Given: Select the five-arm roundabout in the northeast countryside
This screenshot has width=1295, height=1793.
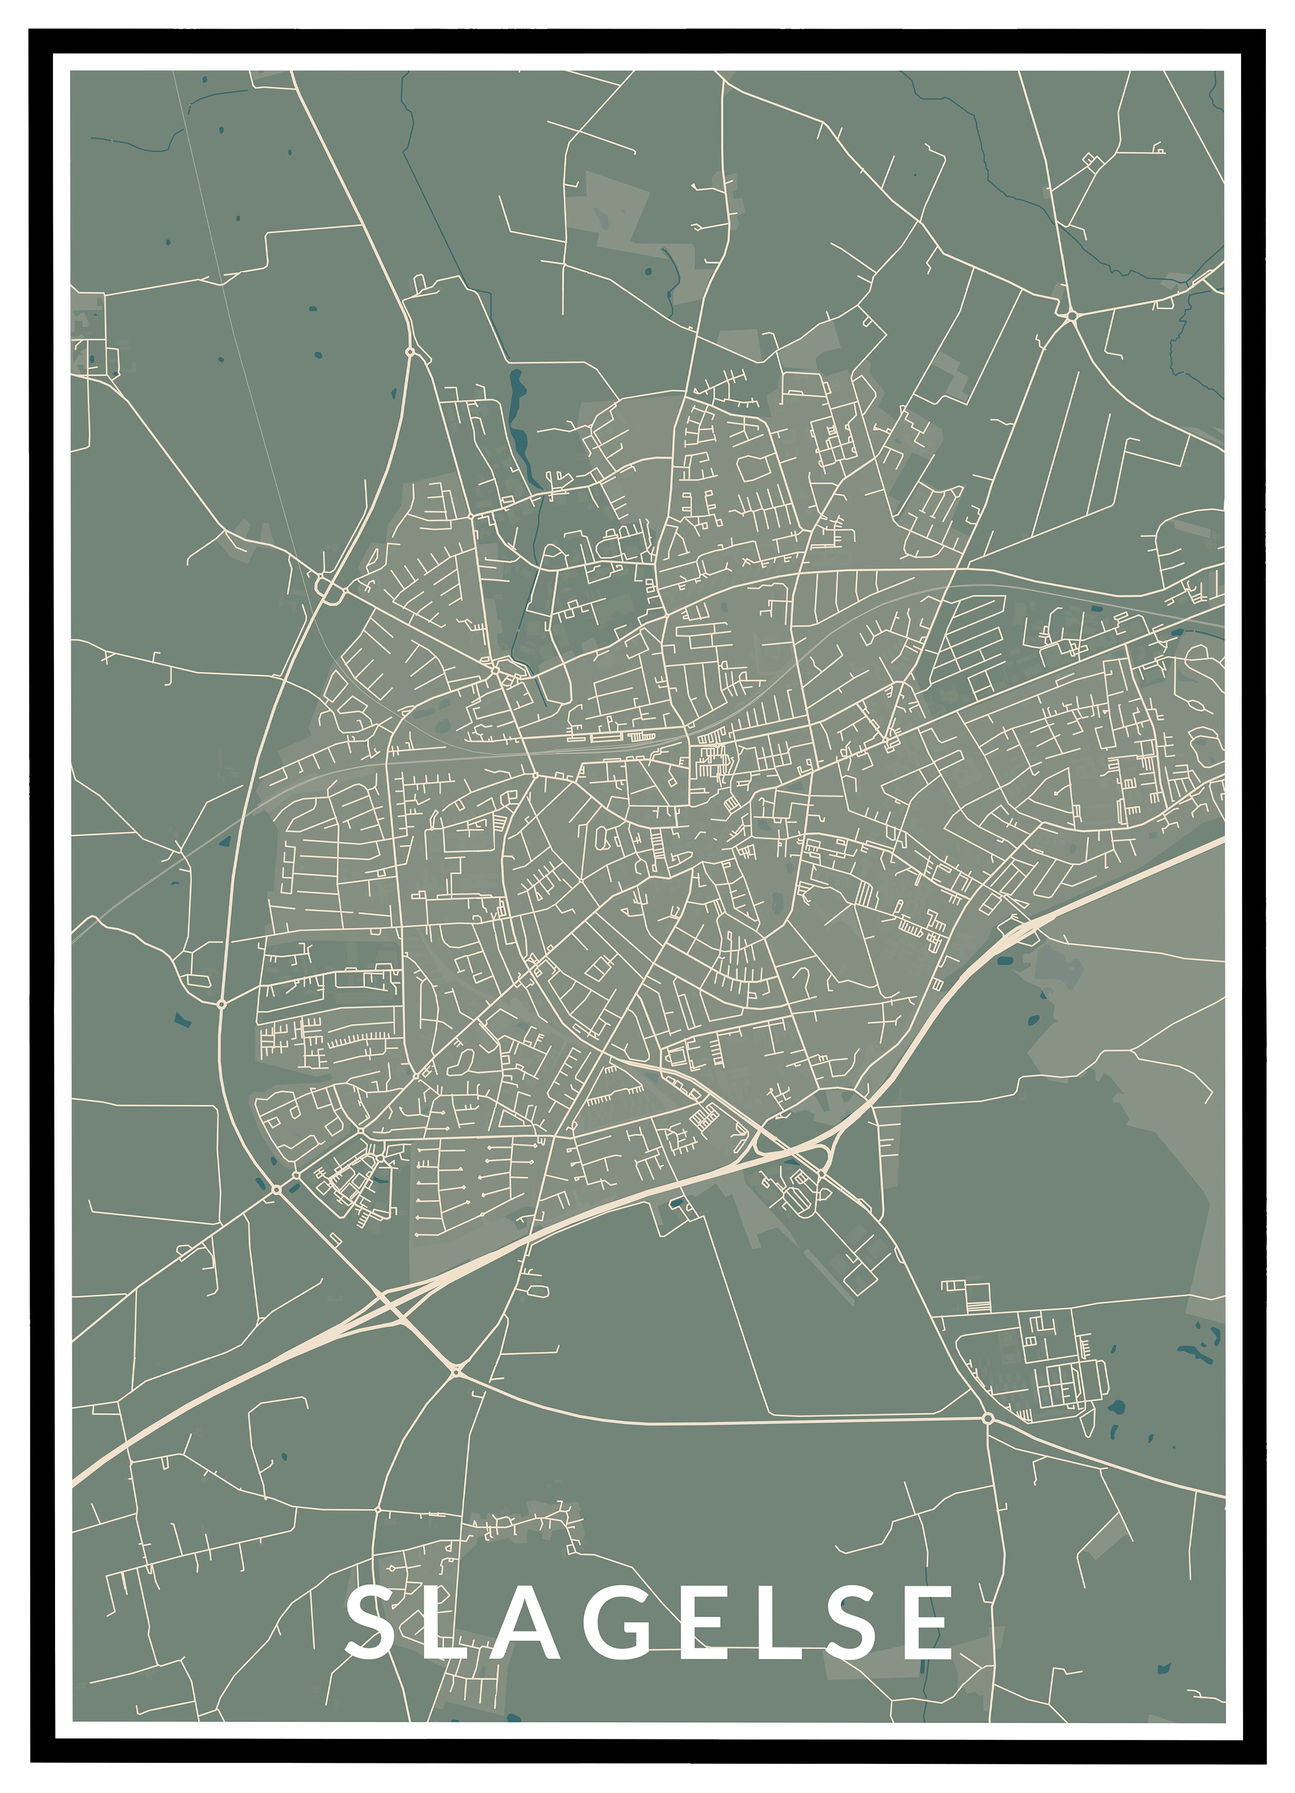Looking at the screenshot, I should click(1071, 315).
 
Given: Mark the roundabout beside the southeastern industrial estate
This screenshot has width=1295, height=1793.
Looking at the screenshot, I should click(988, 1418).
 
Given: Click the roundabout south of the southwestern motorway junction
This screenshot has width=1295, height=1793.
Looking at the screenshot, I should click(456, 1369).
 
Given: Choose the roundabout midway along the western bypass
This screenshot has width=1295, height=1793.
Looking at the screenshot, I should click(221, 1004).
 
